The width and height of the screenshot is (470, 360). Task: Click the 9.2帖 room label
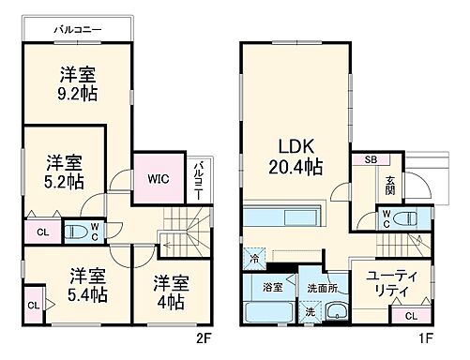click(78, 84)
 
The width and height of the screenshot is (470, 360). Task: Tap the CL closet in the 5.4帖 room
click(34, 305)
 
